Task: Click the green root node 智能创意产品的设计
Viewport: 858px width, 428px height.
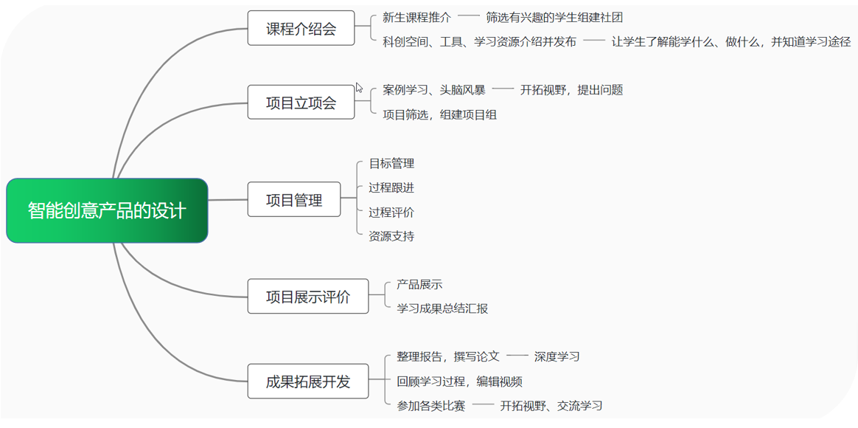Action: coord(108,210)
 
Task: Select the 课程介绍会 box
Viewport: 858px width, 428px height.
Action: coord(301,28)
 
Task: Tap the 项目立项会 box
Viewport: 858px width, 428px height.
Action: coord(301,102)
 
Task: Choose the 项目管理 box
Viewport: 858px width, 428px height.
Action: coord(294,199)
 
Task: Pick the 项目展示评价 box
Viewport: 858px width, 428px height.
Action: coord(308,297)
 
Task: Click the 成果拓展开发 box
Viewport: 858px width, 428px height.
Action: coord(308,381)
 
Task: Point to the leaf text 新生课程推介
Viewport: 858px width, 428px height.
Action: coord(417,18)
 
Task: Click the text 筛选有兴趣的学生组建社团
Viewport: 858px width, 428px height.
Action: coord(554,18)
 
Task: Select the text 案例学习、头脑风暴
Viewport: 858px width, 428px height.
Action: coord(434,91)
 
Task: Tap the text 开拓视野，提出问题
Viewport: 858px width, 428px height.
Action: coord(572,91)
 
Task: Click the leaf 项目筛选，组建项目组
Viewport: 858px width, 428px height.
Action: coord(440,115)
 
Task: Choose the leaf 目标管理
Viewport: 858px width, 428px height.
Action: coord(392,163)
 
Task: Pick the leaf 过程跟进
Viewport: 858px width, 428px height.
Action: coord(392,188)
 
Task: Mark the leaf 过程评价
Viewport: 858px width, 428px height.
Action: coord(392,212)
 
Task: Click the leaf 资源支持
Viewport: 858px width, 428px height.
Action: coord(392,237)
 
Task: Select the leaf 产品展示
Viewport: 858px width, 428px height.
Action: coord(419,284)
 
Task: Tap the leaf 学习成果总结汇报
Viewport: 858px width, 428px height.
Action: coord(443,308)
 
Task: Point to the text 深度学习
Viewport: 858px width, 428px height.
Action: coord(557,356)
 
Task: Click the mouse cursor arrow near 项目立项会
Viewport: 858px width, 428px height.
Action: coord(359,88)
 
